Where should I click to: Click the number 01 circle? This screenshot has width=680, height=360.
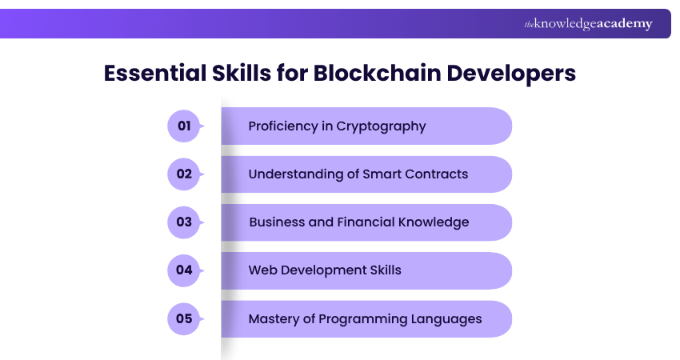(184, 126)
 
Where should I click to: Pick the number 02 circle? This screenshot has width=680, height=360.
(184, 174)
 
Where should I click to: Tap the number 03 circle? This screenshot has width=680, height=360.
(184, 222)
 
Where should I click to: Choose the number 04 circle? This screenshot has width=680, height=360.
(184, 270)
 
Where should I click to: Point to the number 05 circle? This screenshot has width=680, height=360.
(184, 318)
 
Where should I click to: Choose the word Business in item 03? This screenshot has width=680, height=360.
(277, 222)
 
